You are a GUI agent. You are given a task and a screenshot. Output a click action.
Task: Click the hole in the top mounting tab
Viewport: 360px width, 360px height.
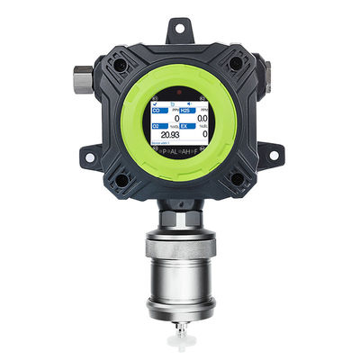[179, 32]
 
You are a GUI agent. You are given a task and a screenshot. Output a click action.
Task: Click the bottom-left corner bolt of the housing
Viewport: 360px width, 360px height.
[121, 178]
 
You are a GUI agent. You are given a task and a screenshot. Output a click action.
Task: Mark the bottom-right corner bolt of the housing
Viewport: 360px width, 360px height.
[238, 178]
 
